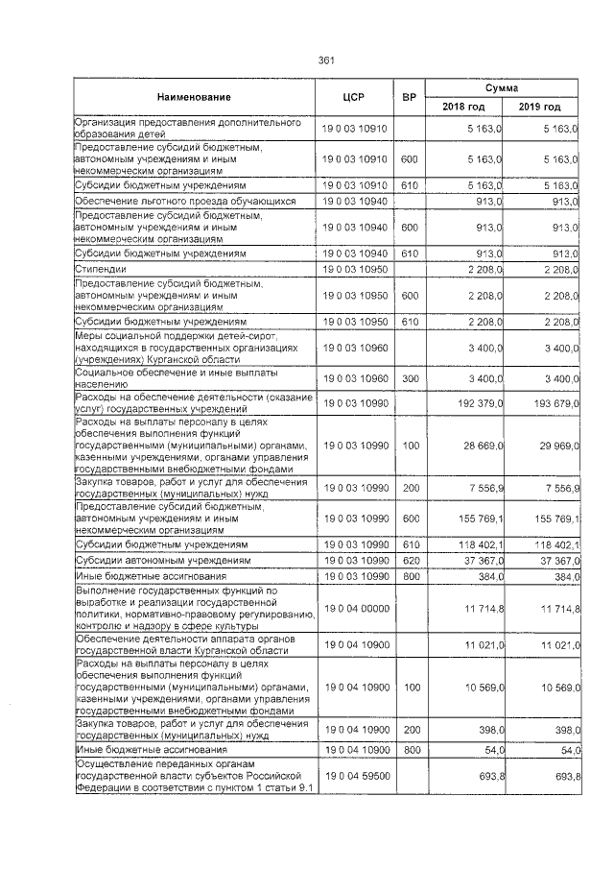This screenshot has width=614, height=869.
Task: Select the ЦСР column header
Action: [355, 97]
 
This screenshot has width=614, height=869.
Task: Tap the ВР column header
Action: [410, 97]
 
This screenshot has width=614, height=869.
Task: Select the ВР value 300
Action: [410, 380]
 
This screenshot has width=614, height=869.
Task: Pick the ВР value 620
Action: [410, 559]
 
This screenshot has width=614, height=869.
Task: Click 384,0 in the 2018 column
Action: [488, 576]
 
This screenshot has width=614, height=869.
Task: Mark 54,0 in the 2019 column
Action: [565, 749]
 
